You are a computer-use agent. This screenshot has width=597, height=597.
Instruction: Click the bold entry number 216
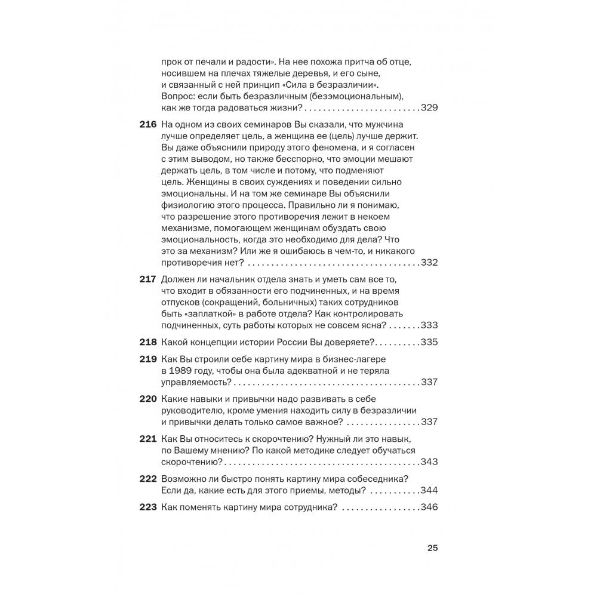pos(149,124)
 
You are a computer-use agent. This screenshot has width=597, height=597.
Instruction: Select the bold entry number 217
pos(149,280)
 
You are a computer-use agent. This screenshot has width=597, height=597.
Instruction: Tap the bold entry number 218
pos(149,342)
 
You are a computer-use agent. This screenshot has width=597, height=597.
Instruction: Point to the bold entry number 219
pos(149,359)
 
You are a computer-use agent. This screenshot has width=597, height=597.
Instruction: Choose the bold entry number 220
pos(149,399)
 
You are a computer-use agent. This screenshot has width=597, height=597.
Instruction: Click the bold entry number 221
pos(149,439)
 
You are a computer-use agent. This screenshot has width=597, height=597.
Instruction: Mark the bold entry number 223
pos(149,507)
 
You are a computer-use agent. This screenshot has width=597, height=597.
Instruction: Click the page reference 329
pos(429,108)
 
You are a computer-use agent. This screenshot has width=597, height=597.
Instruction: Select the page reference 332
pos(429,263)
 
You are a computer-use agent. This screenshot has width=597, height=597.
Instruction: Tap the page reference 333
pos(429,325)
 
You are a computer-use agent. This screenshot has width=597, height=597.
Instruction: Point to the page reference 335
pos(429,342)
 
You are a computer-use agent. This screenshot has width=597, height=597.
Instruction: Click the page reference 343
pos(429,462)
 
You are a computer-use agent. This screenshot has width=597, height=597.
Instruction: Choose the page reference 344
pos(429,491)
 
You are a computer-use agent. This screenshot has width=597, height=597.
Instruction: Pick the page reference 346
pos(429,507)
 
